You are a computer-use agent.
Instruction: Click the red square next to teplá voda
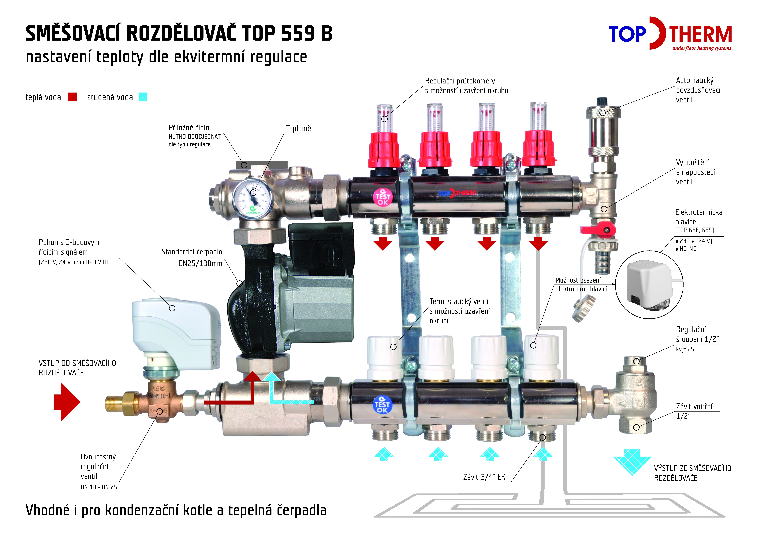click(x=72, y=97)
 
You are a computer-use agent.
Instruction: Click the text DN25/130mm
click(x=200, y=263)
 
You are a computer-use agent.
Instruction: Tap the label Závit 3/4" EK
click(x=484, y=477)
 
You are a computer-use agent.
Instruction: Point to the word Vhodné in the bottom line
click(x=47, y=510)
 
